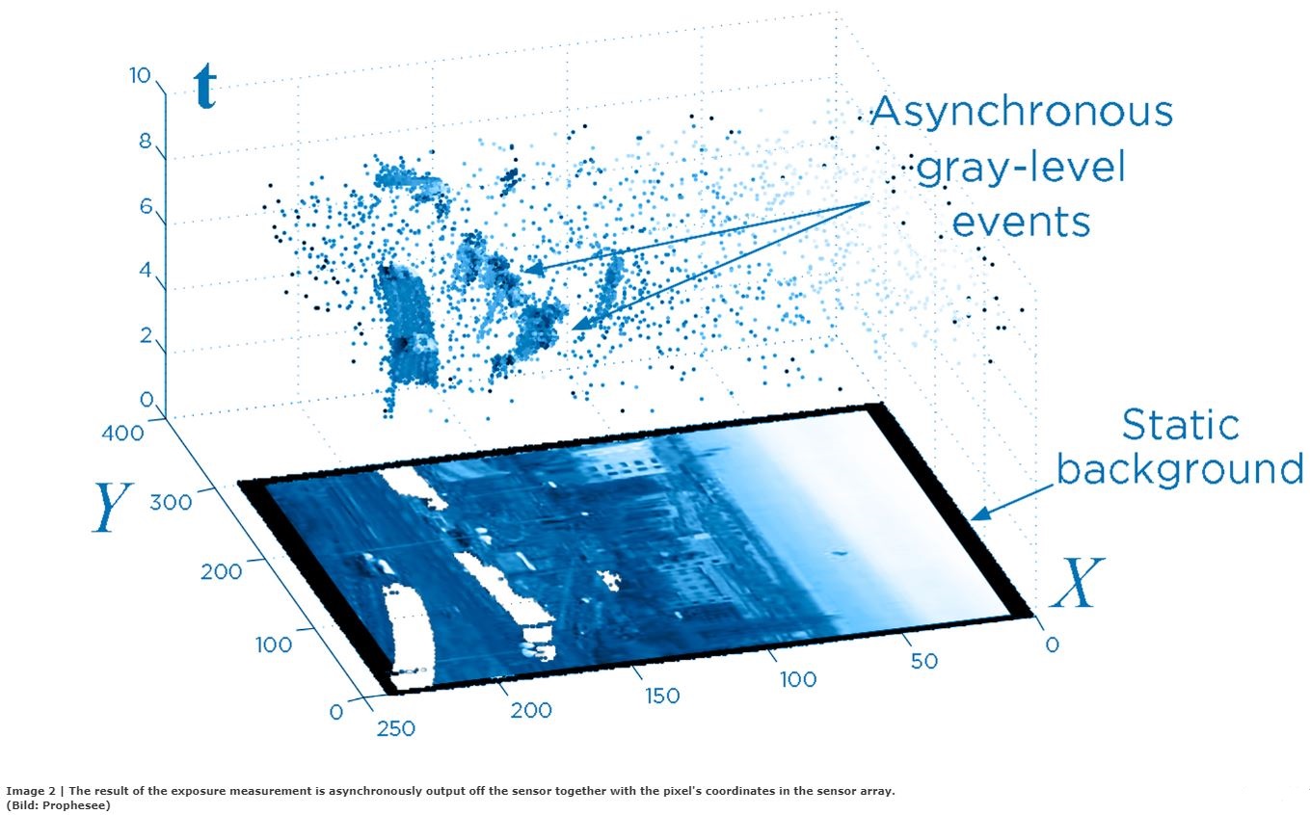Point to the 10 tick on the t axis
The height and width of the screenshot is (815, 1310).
coord(140,76)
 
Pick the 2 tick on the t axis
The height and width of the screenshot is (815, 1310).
coord(147,336)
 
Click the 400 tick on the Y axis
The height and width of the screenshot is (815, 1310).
coord(123,434)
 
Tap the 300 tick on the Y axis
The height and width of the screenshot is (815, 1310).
coord(174,501)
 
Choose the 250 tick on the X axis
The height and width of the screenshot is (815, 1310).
coord(395,728)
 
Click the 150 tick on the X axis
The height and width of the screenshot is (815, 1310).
coord(661,696)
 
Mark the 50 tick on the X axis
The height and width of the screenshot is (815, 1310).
coord(923,661)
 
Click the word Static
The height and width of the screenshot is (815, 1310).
coord(1181,425)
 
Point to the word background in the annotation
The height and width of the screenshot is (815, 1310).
coord(1181,469)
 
